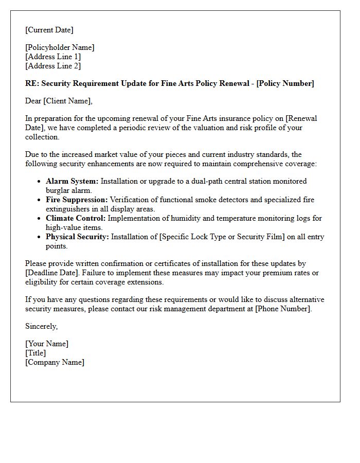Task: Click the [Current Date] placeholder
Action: [x=49, y=30]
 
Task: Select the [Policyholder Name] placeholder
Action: [x=60, y=47]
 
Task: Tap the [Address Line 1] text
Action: [x=53, y=57]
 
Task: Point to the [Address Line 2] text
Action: [x=53, y=66]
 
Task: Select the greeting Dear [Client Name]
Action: [x=59, y=101]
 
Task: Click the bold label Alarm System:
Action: [x=72, y=181]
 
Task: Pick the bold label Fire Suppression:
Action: [x=77, y=200]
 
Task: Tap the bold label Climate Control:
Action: [x=76, y=218]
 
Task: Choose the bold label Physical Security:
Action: [x=77, y=237]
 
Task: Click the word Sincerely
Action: [x=41, y=326]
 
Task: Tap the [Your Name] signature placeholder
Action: [x=47, y=344]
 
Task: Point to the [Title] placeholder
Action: [x=35, y=353]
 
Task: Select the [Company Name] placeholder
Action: [x=55, y=362]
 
